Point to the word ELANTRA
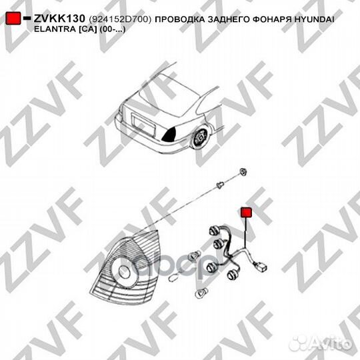click(x=53, y=31)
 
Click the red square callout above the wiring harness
click(x=245, y=212)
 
